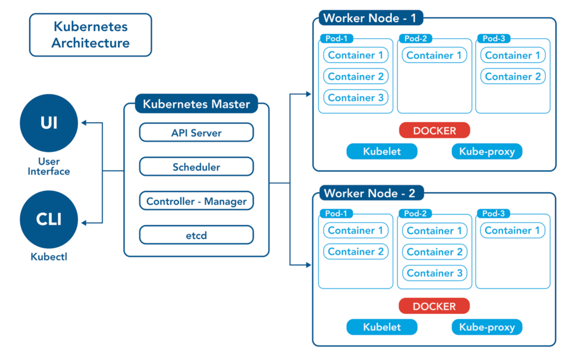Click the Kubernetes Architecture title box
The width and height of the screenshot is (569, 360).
(91, 35)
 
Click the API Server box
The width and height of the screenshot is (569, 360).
(196, 133)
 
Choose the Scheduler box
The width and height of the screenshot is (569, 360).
(196, 167)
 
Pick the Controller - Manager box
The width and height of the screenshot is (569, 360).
(196, 201)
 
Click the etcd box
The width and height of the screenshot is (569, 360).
(196, 235)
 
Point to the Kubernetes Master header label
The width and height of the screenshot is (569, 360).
(196, 104)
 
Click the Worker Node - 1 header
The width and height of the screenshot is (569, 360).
(370, 18)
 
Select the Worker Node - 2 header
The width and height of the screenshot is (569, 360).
(370, 193)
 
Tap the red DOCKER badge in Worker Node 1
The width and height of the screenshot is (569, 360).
(435, 131)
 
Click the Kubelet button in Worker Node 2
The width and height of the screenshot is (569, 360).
(382, 327)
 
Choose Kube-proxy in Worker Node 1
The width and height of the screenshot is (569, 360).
(487, 151)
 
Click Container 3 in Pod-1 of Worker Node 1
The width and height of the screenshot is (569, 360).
(356, 98)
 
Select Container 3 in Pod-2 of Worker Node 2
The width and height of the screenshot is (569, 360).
(435, 273)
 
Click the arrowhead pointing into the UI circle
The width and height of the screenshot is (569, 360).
(84, 123)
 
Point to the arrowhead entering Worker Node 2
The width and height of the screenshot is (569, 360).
(308, 264)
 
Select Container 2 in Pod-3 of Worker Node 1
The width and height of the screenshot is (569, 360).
(513, 77)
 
